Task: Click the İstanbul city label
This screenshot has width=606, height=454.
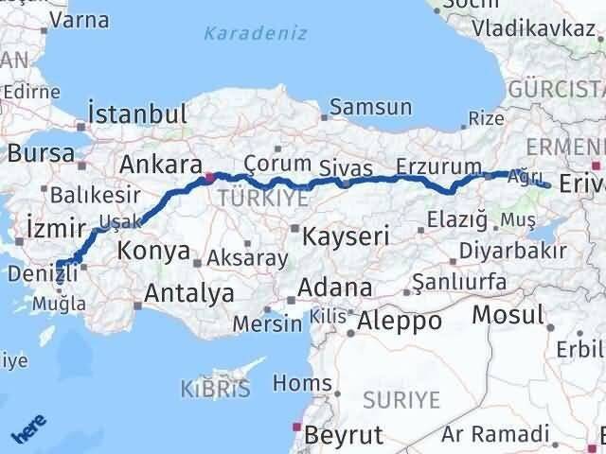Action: pos(136,114)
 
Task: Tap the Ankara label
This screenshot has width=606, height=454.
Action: pos(160,164)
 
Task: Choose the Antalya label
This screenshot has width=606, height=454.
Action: pos(188,293)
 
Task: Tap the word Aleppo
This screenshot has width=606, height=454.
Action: pos(399,321)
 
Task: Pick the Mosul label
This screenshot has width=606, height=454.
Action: pos(508,315)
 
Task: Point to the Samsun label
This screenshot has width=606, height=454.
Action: pos(371,107)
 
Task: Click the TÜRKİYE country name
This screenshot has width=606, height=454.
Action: pos(250,198)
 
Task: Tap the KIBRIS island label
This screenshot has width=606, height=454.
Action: pos(215,388)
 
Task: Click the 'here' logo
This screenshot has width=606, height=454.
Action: pos(28,431)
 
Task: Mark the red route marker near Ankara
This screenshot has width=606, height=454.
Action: pos(209,176)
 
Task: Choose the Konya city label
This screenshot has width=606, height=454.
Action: pos(151,251)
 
